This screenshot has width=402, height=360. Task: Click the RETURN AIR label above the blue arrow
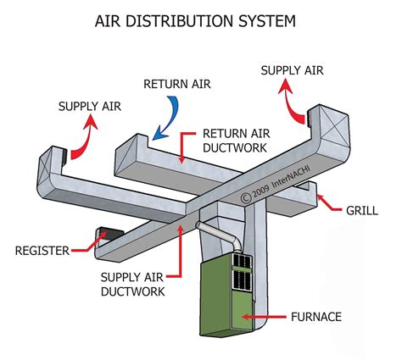coord(176,83)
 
